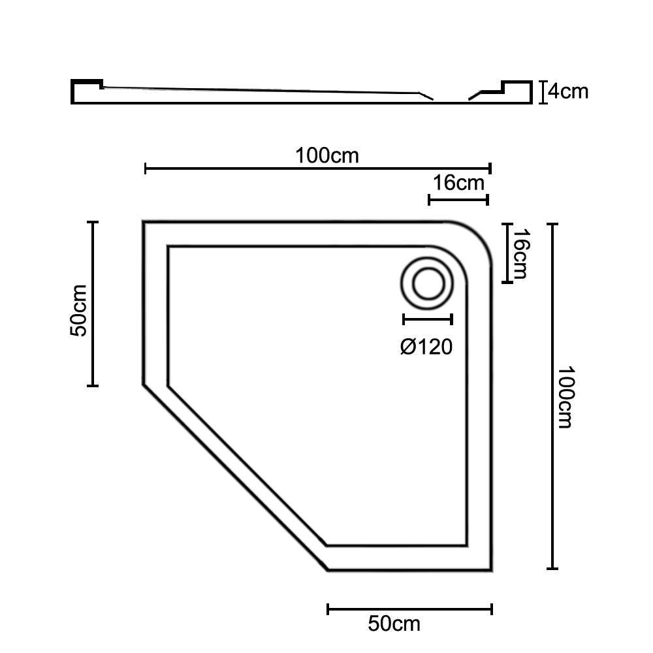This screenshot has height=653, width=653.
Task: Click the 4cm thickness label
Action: tap(568, 91)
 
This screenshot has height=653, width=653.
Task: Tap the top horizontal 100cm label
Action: tap(327, 156)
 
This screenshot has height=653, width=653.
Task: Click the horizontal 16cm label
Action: tap(458, 183)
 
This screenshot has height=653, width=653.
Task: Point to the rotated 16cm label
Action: tap(520, 253)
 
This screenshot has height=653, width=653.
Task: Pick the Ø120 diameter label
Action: tap(426, 347)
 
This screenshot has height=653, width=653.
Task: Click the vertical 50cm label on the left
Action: tap(79, 311)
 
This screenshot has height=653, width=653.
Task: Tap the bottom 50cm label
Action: tap(394, 624)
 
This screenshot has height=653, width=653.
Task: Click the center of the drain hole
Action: tap(428, 283)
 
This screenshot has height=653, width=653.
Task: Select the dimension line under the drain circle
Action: tap(428, 320)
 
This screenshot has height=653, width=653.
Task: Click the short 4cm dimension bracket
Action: tap(543, 92)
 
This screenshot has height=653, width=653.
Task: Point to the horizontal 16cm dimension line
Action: tap(458, 200)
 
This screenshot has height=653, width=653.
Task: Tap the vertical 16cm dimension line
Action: tap(507, 253)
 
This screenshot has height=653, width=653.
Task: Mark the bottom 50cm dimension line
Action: tap(410, 609)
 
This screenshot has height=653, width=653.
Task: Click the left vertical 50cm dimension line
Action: tap(93, 304)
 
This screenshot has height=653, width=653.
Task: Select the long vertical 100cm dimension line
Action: tap(552, 396)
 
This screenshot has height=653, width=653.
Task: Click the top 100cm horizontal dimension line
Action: tap(318, 168)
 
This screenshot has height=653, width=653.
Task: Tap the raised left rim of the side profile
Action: tap(87, 84)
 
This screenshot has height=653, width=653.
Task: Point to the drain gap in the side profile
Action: tap(451, 100)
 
